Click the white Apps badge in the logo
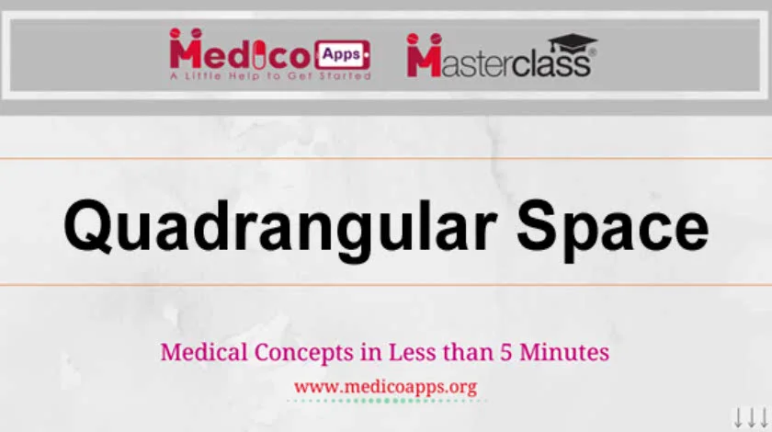pos(342,53)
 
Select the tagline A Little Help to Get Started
pos(270,75)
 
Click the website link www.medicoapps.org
pos(385,386)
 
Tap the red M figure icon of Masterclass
pos(424,56)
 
